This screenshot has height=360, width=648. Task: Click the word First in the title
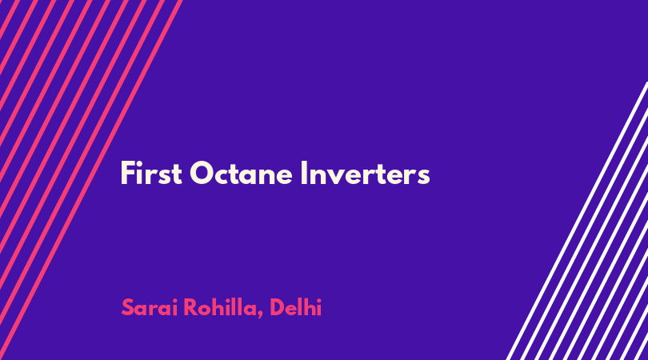click(151, 173)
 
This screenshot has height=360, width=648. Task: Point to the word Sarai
click(150, 307)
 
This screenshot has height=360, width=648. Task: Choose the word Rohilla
click(220, 307)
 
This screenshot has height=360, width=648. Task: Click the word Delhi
click(295, 307)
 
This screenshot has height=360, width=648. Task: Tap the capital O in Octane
click(201, 174)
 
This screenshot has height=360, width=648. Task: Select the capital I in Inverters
click(304, 173)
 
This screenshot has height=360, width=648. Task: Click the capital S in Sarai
click(128, 307)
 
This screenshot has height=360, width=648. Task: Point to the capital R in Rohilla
click(191, 307)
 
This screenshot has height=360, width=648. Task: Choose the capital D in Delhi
click(278, 307)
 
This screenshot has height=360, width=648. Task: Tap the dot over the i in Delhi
click(318, 300)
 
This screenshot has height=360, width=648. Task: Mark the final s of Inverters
click(423, 177)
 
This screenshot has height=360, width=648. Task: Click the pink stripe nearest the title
click(91, 180)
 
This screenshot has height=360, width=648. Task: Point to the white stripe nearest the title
click(577, 221)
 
